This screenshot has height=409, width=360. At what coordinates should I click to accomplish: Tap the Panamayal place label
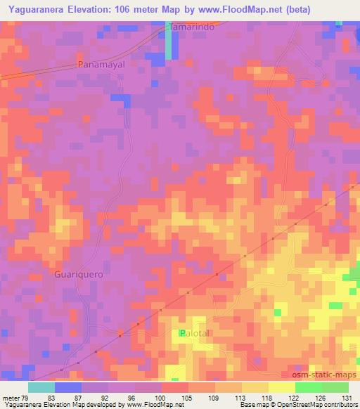tap(101, 64)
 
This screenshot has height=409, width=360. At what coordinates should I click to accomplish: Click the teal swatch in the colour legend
tap(41, 387)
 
